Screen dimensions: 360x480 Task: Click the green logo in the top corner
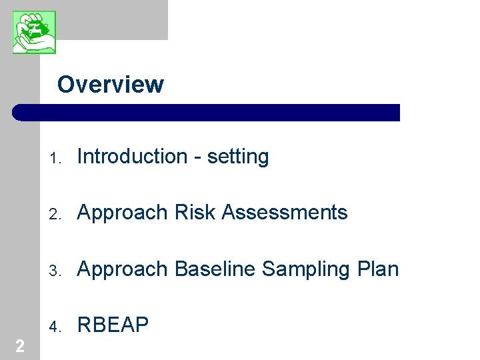(34, 32)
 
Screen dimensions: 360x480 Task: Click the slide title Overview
(110, 85)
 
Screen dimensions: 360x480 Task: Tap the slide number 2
(19, 345)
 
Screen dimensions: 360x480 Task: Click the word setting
(238, 157)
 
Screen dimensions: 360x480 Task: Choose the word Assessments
(285, 213)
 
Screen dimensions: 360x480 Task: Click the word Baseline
(215, 269)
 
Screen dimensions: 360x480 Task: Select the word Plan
(378, 269)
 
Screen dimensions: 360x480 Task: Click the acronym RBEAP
(113, 325)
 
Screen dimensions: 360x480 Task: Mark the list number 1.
(56, 159)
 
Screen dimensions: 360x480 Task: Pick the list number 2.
(56, 215)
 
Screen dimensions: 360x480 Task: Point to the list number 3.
(56, 271)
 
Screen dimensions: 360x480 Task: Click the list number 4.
(56, 327)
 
